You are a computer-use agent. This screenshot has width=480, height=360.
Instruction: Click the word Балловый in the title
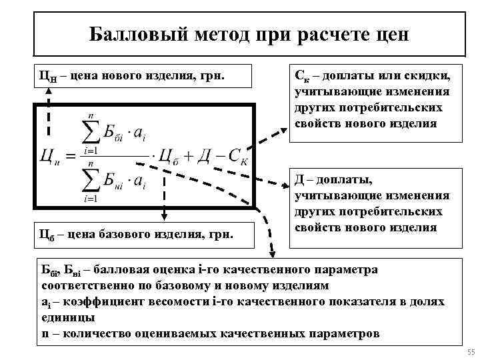tap(126, 34)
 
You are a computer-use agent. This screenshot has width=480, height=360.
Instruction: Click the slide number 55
tap(471, 353)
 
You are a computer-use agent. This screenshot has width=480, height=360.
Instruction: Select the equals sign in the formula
tap(69, 159)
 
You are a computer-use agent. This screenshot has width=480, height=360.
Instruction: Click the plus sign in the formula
tap(183, 159)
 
